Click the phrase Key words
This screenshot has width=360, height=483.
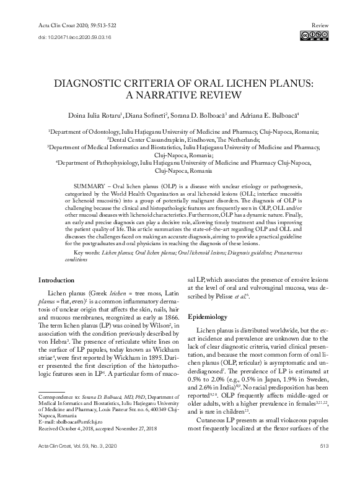pyautogui.click(x=89, y=253)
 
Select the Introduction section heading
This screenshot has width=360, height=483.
pyautogui.click(x=61, y=280)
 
